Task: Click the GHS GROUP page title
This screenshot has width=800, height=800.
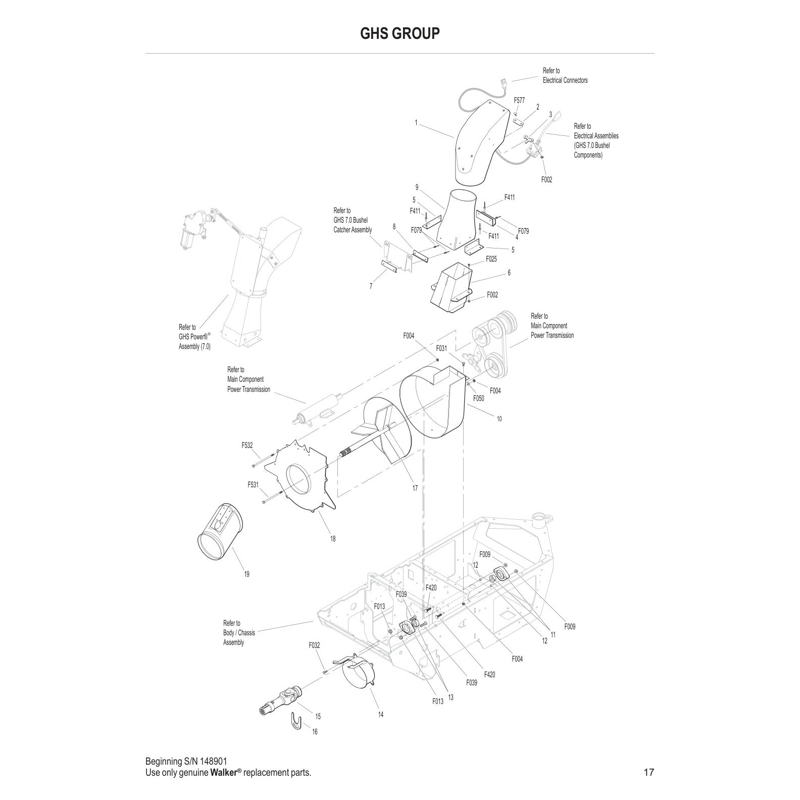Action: (x=399, y=33)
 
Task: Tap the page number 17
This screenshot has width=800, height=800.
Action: (x=648, y=772)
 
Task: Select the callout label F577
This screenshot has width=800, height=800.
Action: (x=519, y=101)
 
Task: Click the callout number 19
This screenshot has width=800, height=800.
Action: (x=246, y=574)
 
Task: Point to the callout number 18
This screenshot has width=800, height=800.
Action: (x=333, y=539)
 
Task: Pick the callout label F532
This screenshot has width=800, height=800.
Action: (x=247, y=445)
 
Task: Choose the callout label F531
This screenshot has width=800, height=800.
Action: (x=253, y=485)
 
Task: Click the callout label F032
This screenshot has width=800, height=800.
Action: (x=314, y=645)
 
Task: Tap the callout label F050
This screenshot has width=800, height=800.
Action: (x=478, y=398)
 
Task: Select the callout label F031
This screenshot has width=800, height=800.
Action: (x=441, y=348)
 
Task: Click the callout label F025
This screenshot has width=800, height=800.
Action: (x=491, y=259)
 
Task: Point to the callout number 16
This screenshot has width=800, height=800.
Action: (x=315, y=732)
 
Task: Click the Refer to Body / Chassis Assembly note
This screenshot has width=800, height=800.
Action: (x=239, y=633)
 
